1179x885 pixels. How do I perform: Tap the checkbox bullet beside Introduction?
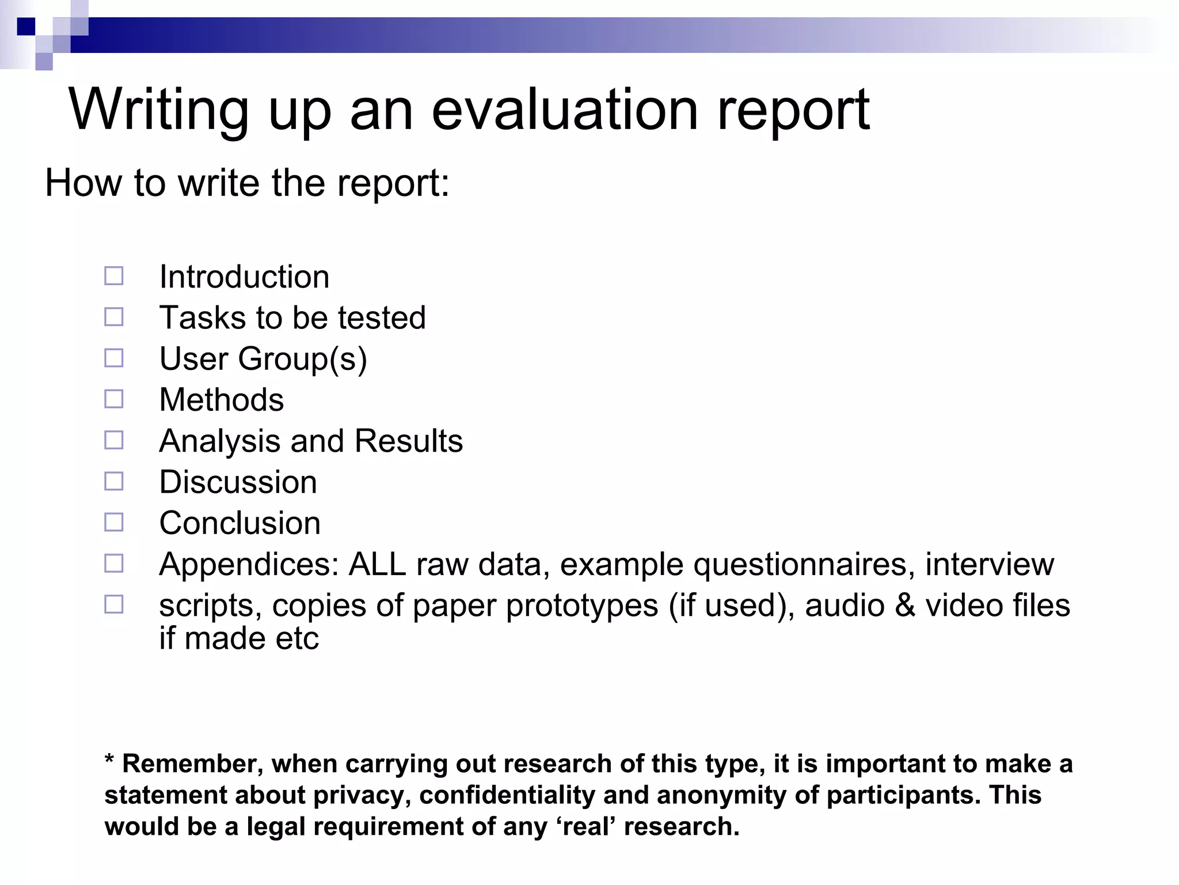click(x=113, y=276)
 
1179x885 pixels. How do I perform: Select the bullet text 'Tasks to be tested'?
click(x=292, y=317)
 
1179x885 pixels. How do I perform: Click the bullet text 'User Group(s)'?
click(x=263, y=359)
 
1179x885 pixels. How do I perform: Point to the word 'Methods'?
click(x=222, y=400)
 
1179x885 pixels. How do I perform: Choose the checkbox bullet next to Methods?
click(x=113, y=399)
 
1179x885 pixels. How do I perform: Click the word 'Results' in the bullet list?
click(x=409, y=441)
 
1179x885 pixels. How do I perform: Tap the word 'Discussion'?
click(x=238, y=482)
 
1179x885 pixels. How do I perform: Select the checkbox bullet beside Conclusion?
click(x=113, y=522)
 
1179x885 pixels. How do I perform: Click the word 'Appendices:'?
click(x=249, y=565)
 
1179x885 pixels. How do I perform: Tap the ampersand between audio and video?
click(x=905, y=606)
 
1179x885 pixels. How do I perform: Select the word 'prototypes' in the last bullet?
click(x=582, y=606)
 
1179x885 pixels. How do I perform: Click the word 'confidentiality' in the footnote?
click(x=507, y=796)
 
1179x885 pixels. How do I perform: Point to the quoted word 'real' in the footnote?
click(x=585, y=827)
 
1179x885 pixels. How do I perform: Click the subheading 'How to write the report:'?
click(x=247, y=183)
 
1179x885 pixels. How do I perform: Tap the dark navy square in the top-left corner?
click(x=26, y=27)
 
